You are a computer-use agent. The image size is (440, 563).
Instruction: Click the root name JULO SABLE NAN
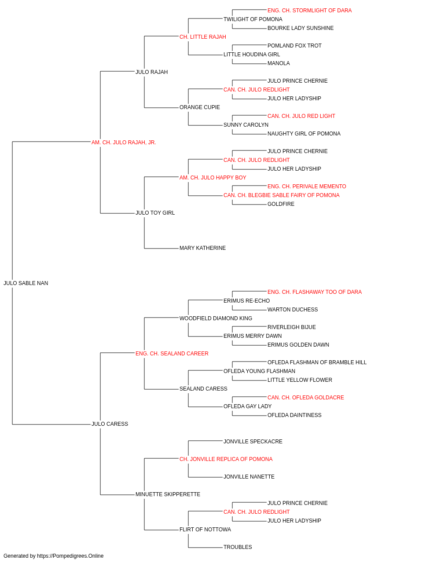point(26,283)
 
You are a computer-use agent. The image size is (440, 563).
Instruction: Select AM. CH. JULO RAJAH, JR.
point(124,143)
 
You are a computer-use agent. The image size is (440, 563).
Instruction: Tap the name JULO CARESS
point(110,424)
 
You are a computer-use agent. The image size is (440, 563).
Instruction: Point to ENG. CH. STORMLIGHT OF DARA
point(309,11)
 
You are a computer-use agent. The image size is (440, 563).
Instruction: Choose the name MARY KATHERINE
point(202,248)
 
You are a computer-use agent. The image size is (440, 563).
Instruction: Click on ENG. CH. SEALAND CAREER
point(172,354)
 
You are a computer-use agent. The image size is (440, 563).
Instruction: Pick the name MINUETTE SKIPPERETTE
point(168,494)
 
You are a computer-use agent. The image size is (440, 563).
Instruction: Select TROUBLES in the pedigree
point(238,547)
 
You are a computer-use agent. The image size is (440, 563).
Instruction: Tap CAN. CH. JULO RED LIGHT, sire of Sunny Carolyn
point(301,116)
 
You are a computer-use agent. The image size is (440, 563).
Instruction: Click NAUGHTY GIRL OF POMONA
point(304,134)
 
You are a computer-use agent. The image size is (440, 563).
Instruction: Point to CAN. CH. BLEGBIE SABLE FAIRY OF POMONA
point(282,195)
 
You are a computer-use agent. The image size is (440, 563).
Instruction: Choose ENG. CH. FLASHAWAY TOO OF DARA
point(314,292)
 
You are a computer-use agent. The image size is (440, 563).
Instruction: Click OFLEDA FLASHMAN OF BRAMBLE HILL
point(317,362)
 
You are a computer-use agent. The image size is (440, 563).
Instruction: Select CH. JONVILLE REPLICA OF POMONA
point(226,459)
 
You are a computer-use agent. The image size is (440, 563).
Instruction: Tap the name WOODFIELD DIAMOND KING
point(216,318)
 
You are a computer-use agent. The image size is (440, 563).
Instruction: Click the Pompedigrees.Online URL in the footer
point(70,556)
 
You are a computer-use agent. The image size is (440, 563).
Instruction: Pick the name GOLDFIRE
point(281,204)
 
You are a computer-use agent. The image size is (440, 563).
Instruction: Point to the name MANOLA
point(279,63)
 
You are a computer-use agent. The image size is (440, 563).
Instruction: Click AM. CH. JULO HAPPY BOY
point(213,178)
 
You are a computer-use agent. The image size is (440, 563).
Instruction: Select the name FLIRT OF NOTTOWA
point(205,530)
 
